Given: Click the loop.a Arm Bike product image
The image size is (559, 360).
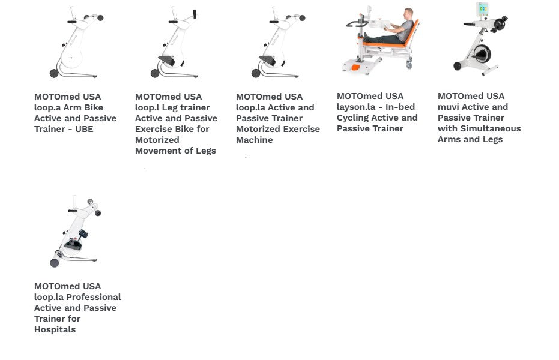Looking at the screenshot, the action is (x=76, y=42).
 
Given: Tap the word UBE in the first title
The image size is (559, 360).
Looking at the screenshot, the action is (x=84, y=129).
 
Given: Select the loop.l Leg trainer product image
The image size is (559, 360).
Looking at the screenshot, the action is (x=174, y=42).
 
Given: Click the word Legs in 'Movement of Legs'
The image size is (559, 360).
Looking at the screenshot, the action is (x=206, y=151).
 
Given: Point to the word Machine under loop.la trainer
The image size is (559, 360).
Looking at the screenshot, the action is (x=254, y=140).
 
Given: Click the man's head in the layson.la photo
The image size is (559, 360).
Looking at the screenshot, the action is (x=408, y=14).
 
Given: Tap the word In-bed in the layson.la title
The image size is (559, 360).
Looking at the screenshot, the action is (x=400, y=107).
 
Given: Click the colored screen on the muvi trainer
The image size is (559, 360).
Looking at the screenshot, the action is (x=483, y=8).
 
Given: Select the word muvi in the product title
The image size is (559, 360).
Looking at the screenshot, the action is (x=448, y=107).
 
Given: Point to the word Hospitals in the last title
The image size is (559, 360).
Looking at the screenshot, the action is (x=55, y=329).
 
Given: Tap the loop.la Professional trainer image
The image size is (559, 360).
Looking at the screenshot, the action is (x=75, y=232).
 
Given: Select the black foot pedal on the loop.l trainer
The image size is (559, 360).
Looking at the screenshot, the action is (x=166, y=61).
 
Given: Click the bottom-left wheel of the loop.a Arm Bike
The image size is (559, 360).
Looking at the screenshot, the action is (x=54, y=73).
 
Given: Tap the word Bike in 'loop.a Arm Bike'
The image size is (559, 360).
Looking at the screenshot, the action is (x=94, y=107).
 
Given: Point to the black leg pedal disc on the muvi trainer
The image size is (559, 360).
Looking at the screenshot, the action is (x=482, y=54).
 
